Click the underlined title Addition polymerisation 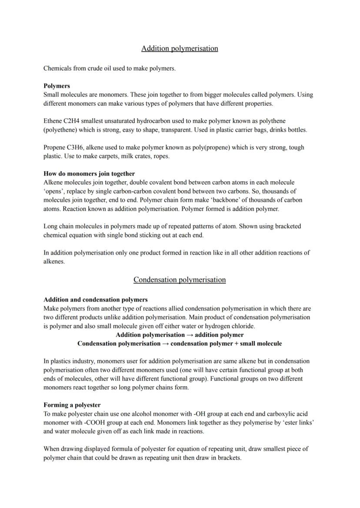tap(180, 48)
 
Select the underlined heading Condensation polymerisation tap(180, 279)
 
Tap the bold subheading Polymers tap(57, 86)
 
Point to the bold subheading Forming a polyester tap(72, 405)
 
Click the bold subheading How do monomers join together tap(89, 173)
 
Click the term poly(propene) tap(210, 147)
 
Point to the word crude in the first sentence tap(96, 68)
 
